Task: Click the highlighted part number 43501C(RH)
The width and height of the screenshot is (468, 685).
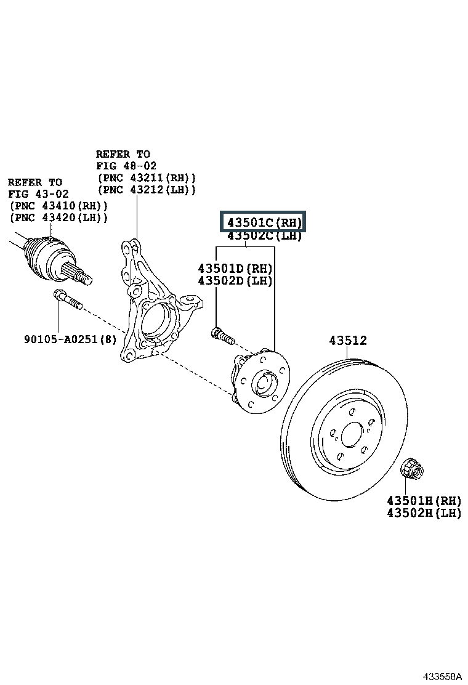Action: (264, 222)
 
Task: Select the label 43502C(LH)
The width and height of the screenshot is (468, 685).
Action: (264, 236)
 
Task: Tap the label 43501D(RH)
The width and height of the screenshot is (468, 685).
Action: (235, 269)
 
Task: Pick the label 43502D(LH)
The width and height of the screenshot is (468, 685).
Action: (235, 281)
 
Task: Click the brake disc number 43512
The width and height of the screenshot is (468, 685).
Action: (347, 341)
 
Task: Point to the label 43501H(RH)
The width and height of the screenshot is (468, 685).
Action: (424, 500)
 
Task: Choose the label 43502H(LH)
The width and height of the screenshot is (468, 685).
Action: (424, 513)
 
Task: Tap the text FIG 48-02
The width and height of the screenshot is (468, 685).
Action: (126, 166)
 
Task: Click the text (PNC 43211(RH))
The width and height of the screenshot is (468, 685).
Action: (146, 177)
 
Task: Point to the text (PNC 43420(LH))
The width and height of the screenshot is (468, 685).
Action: (58, 217)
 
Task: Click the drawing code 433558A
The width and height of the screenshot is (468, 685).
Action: (442, 676)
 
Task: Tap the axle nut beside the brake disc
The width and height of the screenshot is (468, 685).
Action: (411, 469)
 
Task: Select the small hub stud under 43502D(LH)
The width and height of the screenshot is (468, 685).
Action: (222, 336)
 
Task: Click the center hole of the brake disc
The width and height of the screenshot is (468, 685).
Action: (351, 434)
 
